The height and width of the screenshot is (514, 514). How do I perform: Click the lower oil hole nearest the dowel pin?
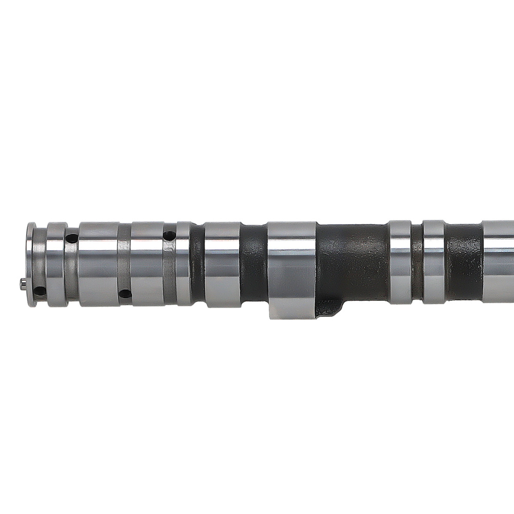click(x=39, y=292)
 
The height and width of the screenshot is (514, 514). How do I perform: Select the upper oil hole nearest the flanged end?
click(x=72, y=238)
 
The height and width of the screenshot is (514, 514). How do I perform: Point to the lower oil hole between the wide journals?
click(x=124, y=294)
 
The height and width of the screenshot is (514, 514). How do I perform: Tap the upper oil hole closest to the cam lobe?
click(x=168, y=235)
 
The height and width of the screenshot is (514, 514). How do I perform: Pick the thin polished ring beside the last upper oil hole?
click(x=183, y=264)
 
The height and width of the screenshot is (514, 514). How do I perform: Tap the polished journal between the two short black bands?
click(x=222, y=264)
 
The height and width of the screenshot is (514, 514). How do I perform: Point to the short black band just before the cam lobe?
click(x=253, y=264)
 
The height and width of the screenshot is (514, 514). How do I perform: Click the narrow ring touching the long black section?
click(x=399, y=262)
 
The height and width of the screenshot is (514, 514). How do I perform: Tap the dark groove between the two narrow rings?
click(x=417, y=262)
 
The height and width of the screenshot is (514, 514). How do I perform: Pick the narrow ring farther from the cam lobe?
click(x=433, y=262)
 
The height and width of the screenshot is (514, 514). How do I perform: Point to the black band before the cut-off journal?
click(x=463, y=262)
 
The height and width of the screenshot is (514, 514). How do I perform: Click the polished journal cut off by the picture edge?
click(x=499, y=262)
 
